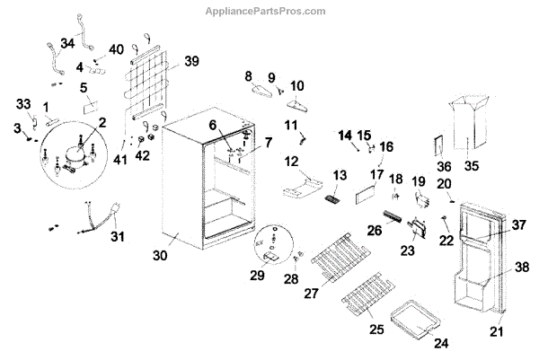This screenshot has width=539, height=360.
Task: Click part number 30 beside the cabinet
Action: [x=160, y=256]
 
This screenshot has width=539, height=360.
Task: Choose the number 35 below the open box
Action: [x=470, y=165]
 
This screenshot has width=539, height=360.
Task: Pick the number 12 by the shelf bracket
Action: [x=292, y=161]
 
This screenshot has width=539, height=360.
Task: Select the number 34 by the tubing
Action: [x=68, y=42]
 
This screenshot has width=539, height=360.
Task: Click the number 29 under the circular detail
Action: [x=257, y=276]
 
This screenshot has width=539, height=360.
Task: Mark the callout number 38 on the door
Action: [x=521, y=267]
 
